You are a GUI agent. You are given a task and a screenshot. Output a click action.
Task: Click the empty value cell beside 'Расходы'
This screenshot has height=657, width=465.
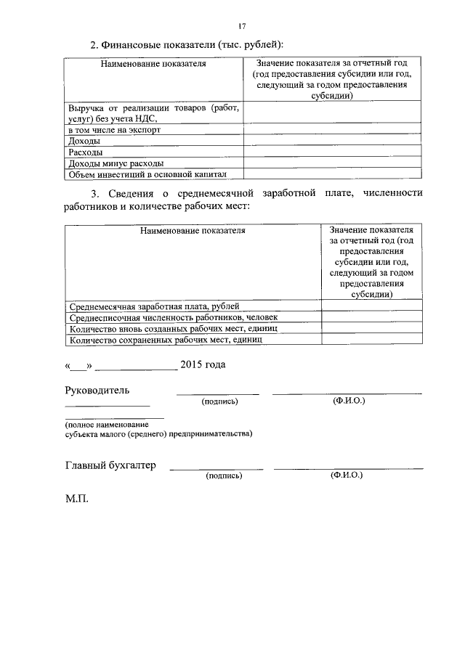click(332, 152)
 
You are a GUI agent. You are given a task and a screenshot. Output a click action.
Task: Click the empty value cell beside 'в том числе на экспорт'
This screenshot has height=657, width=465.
click(332, 130)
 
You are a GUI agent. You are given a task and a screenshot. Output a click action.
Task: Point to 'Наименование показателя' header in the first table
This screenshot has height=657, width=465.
click(153, 64)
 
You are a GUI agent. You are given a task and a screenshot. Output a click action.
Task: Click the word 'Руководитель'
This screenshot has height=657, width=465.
click(97, 390)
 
